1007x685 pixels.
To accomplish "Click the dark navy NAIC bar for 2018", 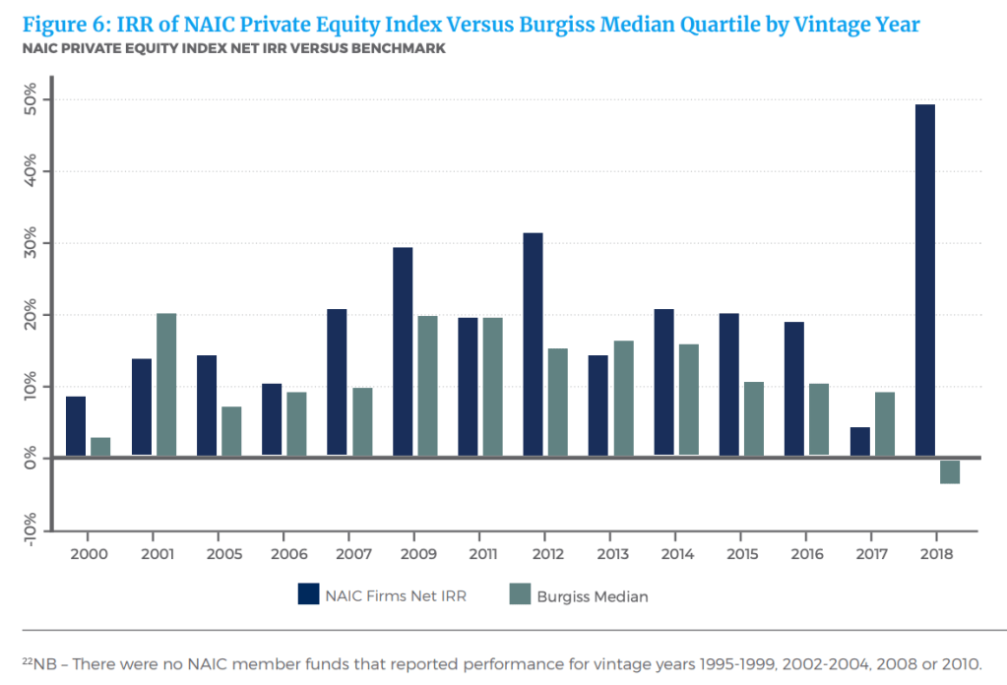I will click(924, 280).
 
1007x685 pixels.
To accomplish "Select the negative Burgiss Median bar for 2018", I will click(950, 470).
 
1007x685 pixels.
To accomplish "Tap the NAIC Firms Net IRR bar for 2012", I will click(533, 344).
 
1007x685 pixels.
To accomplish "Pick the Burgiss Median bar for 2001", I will click(165, 385).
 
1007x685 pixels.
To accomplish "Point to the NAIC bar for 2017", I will click(859, 442).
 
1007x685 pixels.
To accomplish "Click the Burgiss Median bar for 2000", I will click(100, 447).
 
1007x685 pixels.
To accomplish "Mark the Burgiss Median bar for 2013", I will click(623, 399).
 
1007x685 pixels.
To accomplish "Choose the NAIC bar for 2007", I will click(337, 383).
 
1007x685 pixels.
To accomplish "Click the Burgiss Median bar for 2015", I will click(754, 419).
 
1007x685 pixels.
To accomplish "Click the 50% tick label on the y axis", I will click(30, 99).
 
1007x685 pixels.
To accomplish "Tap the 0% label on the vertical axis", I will click(30, 459).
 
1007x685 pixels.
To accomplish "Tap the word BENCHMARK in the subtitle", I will click(402, 49).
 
